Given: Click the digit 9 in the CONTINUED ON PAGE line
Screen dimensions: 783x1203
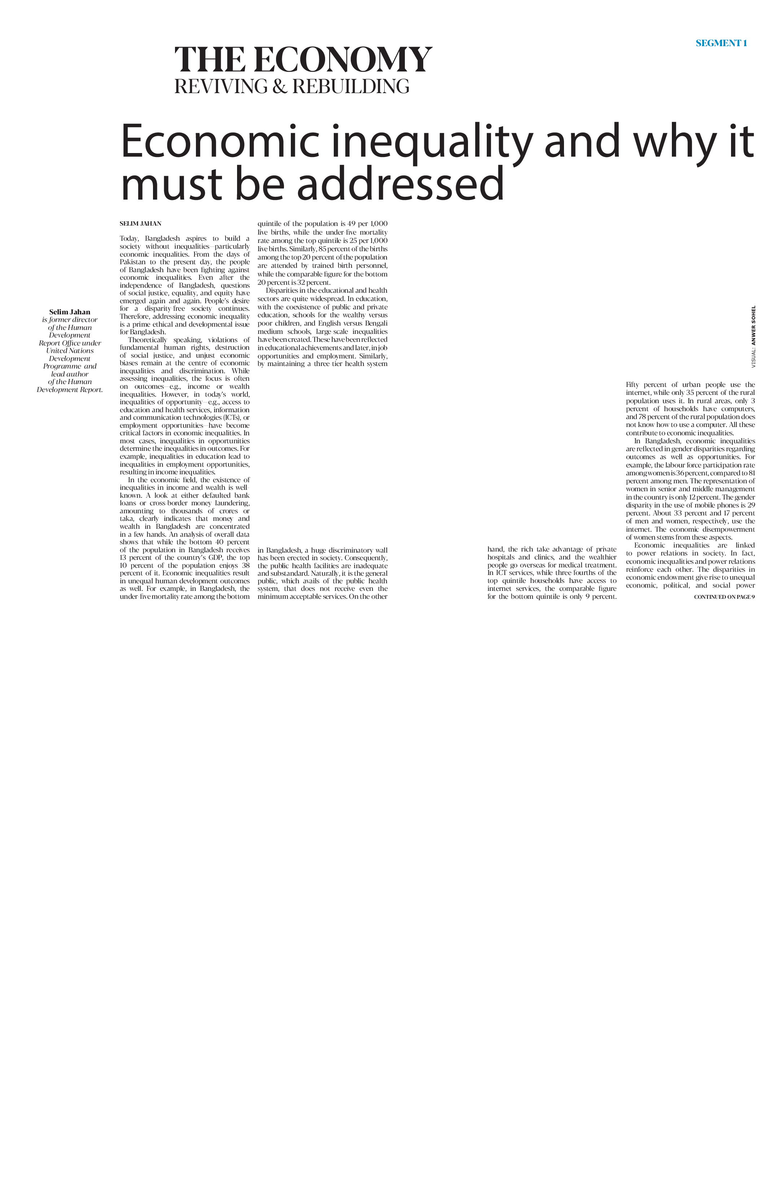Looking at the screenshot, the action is [x=753, y=597].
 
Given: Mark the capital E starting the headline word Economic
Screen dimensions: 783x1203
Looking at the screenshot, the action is [x=134, y=141].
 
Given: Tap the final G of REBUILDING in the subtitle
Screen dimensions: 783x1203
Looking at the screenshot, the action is [x=402, y=86].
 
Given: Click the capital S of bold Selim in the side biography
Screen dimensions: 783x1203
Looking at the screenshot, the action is [x=52, y=312].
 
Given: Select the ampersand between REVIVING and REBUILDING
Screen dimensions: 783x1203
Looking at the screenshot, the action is [x=279, y=86].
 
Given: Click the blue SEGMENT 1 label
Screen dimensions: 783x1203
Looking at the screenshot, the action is [x=721, y=43].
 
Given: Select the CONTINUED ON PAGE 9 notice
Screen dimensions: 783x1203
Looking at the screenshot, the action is [x=725, y=597].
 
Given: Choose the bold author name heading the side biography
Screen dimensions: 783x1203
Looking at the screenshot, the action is [x=70, y=312].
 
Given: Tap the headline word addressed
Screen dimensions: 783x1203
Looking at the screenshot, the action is [x=401, y=183].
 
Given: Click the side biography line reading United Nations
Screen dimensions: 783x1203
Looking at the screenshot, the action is [x=70, y=351].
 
